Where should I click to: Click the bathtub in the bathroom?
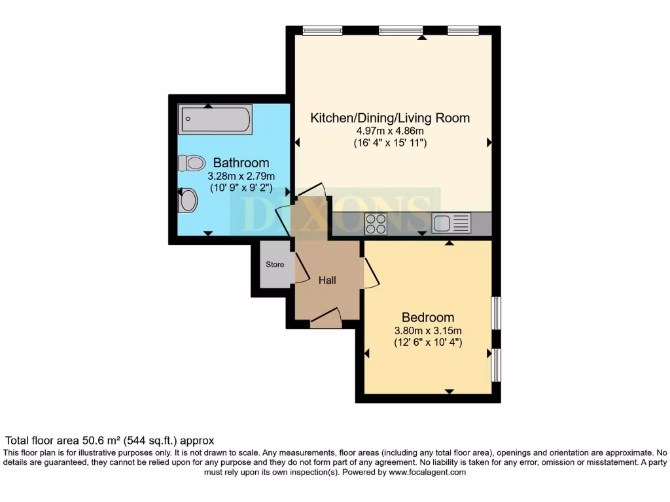tap(215, 120)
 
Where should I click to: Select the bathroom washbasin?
tap(188, 201)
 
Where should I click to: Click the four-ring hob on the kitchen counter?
tap(376, 224)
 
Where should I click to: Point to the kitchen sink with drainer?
tap(451, 224)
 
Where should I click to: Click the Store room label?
tap(275, 265)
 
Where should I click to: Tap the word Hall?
tap(327, 280)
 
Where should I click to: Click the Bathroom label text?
tap(241, 163)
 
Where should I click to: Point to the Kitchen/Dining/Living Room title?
tap(389, 118)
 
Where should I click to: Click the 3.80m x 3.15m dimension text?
tap(428, 330)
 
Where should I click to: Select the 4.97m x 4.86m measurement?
tap(389, 131)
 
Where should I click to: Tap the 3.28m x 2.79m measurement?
tap(241, 176)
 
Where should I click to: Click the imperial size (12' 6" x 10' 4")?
tap(428, 342)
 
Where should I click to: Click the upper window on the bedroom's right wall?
tap(496, 313)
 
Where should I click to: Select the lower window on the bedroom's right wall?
tap(496, 365)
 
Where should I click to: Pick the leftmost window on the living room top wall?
tap(323, 30)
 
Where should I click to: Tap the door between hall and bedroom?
tap(370, 273)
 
